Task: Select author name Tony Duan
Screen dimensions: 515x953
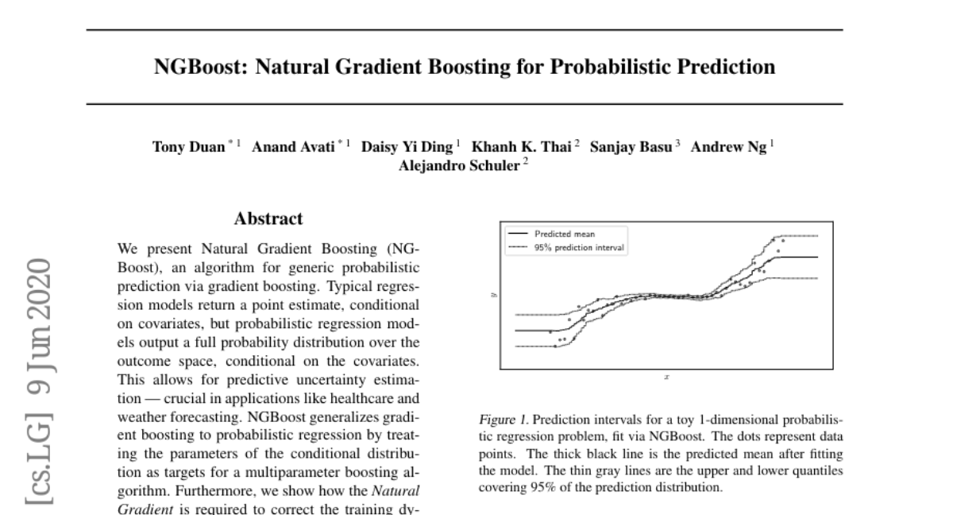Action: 188,148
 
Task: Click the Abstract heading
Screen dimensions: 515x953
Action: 268,219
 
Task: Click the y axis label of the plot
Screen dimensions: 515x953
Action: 493,294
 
